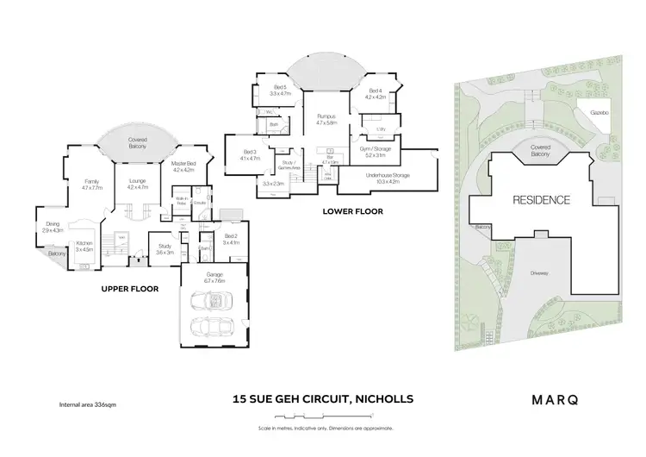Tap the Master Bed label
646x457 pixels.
(183, 166)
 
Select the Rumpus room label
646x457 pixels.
(325, 119)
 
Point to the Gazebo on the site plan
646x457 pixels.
(599, 113)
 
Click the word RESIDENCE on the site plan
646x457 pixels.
(542, 200)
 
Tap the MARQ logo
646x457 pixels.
(554, 399)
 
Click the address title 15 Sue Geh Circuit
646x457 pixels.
(323, 399)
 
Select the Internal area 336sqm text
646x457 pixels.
(87, 404)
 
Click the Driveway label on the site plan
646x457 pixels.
(540, 273)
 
